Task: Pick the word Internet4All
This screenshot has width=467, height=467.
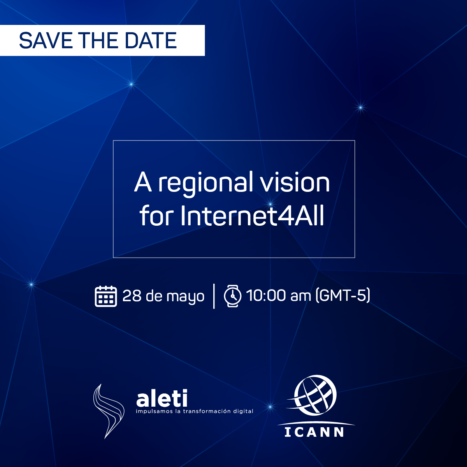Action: point(252,216)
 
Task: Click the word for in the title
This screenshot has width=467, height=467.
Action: point(157,215)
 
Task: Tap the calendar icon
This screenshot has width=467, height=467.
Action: point(106,296)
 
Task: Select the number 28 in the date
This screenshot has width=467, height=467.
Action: point(132,296)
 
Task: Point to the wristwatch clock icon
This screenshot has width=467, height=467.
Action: point(233,296)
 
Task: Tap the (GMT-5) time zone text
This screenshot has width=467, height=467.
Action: point(343,296)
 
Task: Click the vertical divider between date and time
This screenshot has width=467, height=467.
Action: point(214,296)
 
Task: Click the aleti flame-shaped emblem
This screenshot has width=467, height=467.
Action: point(109,411)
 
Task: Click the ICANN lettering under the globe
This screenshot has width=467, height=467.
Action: point(314,432)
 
